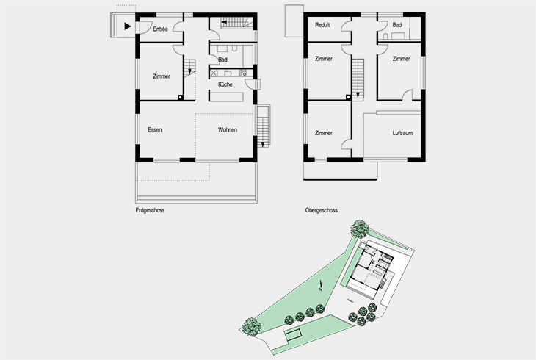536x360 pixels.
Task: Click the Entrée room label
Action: (x=160, y=29)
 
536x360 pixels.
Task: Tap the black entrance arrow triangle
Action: (x=128, y=27)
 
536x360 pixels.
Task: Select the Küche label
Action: (x=225, y=85)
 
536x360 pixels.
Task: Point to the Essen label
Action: (x=154, y=130)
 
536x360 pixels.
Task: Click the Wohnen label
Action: (x=227, y=130)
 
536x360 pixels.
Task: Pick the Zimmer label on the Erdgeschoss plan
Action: (x=162, y=76)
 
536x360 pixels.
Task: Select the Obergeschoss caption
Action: (x=321, y=210)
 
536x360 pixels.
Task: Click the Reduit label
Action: (x=322, y=25)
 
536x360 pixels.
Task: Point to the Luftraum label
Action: (x=403, y=133)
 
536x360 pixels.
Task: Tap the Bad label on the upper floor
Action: (x=397, y=25)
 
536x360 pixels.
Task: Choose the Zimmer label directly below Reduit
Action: (x=323, y=59)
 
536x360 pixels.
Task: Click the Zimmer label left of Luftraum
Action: (x=323, y=133)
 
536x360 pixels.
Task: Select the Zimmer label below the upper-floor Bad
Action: (x=401, y=59)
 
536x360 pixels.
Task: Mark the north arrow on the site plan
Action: (x=321, y=287)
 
